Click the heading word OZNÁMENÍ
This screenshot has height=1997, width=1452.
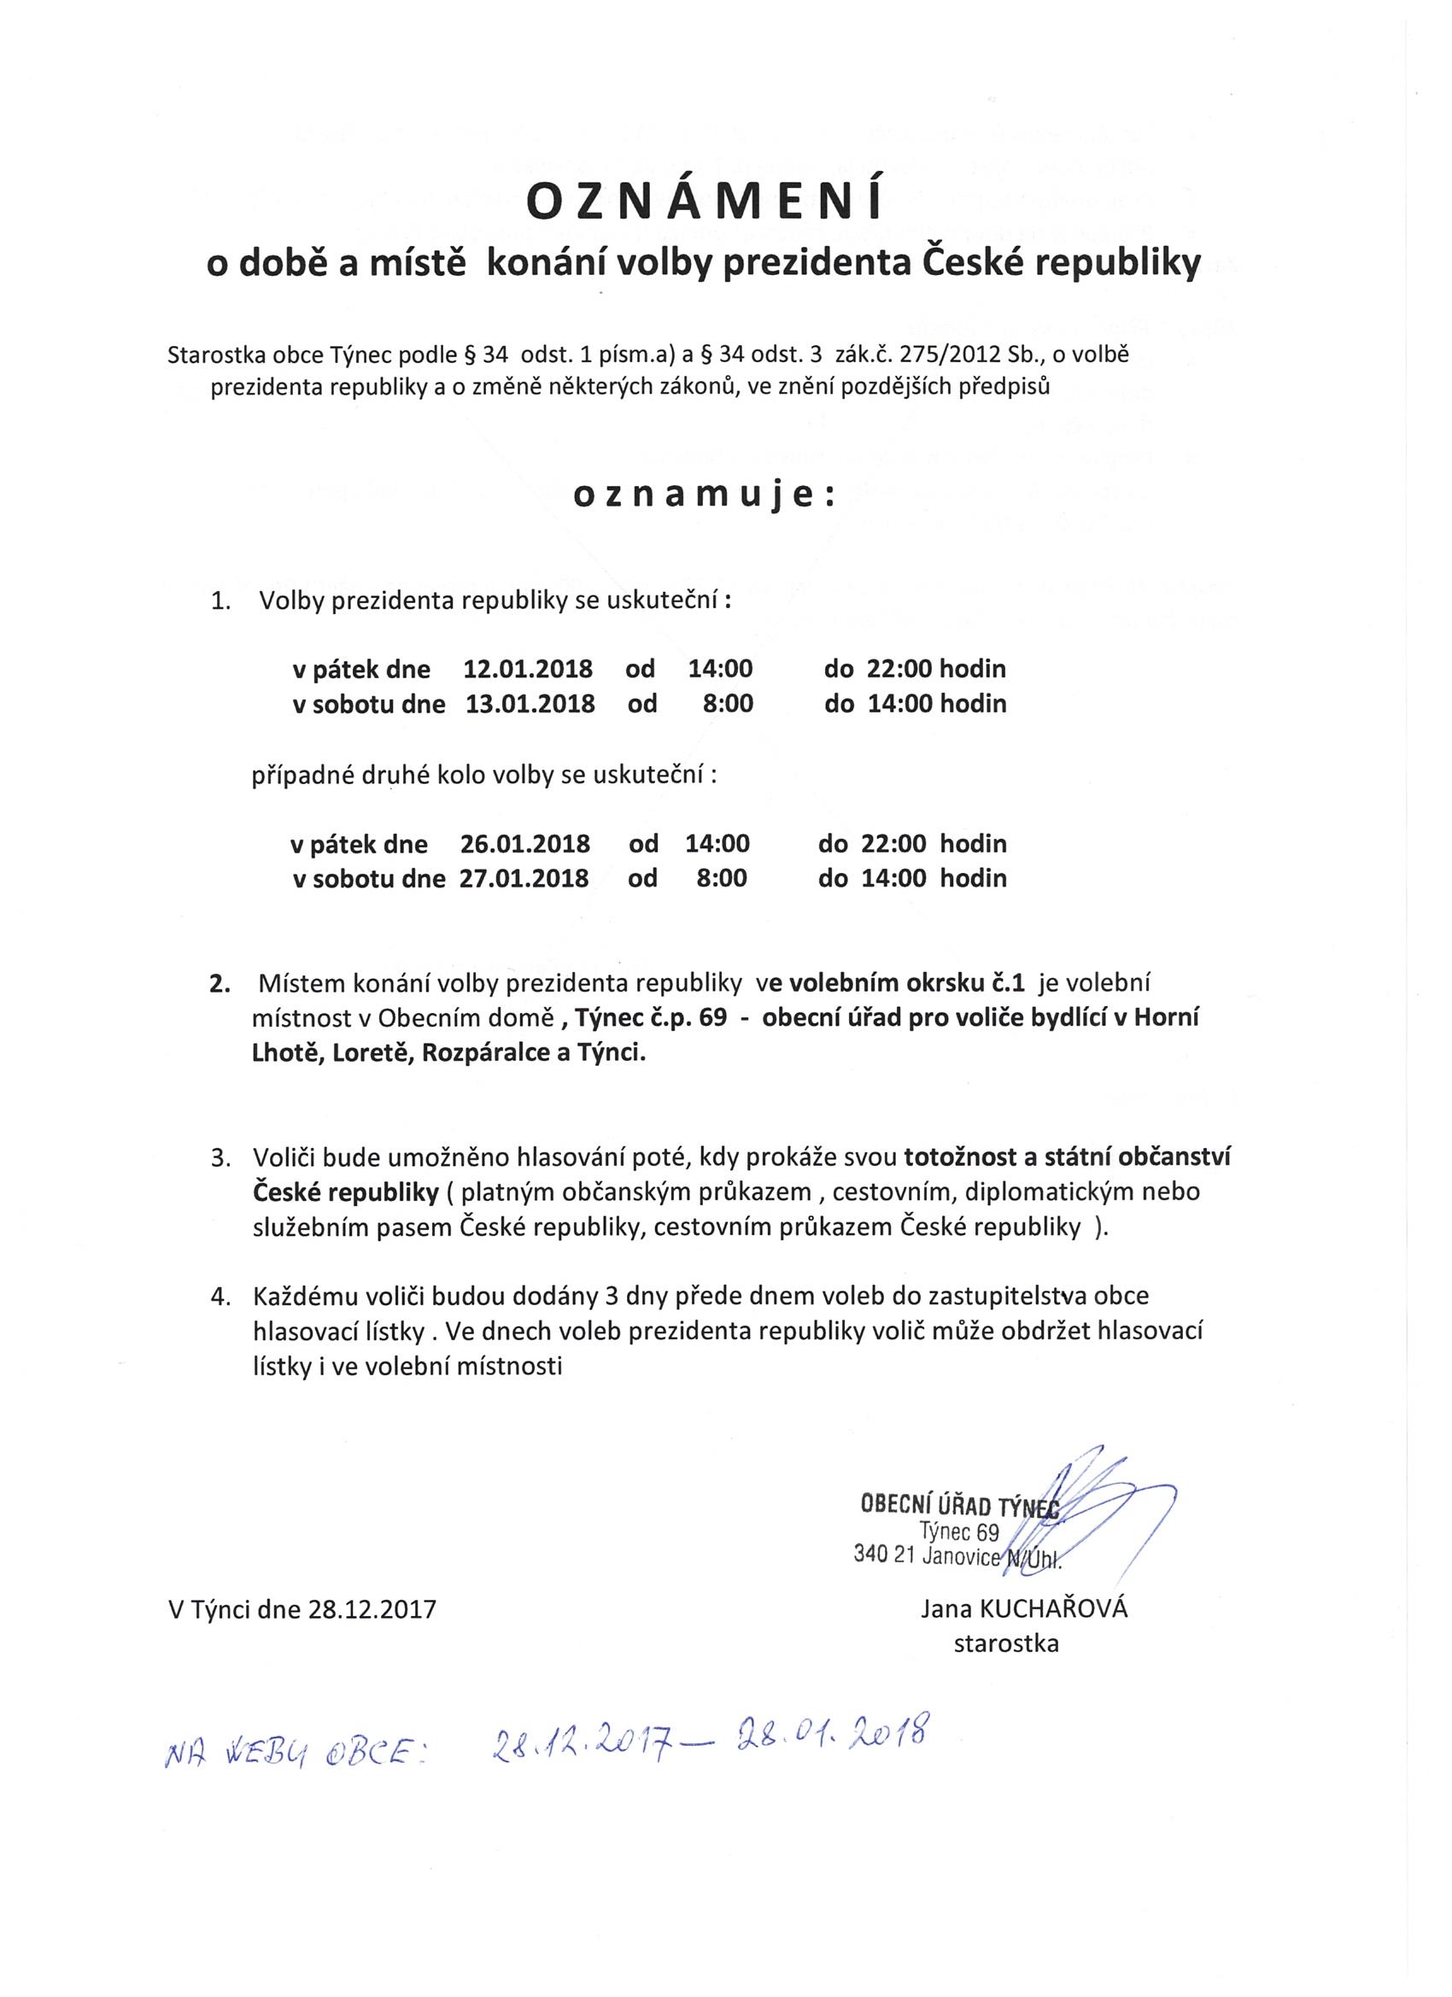[x=704, y=203]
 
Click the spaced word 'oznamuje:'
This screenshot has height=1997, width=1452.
[x=704, y=495]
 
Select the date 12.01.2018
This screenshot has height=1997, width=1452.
[x=528, y=668]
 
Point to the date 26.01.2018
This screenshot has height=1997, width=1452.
[x=524, y=844]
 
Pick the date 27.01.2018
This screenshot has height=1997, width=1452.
[x=524, y=878]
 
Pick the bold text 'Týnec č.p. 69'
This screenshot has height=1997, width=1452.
[x=651, y=1018]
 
